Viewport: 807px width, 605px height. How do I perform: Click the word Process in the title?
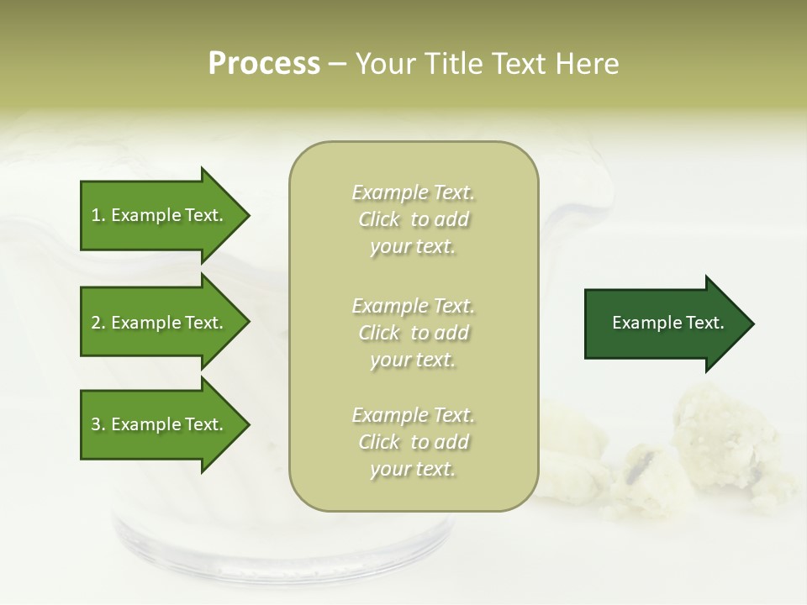pyautogui.click(x=264, y=64)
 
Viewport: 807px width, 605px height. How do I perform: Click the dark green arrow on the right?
pyautogui.click(x=664, y=324)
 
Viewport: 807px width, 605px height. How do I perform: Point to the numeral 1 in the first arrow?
pyautogui.click(x=96, y=215)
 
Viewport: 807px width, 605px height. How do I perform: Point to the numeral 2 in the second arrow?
pyautogui.click(x=96, y=323)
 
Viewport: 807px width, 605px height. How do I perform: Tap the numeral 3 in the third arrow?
pyautogui.click(x=96, y=424)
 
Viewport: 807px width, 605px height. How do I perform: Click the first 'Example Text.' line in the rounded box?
pyautogui.click(x=413, y=192)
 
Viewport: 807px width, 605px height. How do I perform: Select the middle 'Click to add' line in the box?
pyautogui.click(x=413, y=333)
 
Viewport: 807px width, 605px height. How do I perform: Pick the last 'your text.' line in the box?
pyautogui.click(x=413, y=470)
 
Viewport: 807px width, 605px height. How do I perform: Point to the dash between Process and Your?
pyautogui.click(x=337, y=65)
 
